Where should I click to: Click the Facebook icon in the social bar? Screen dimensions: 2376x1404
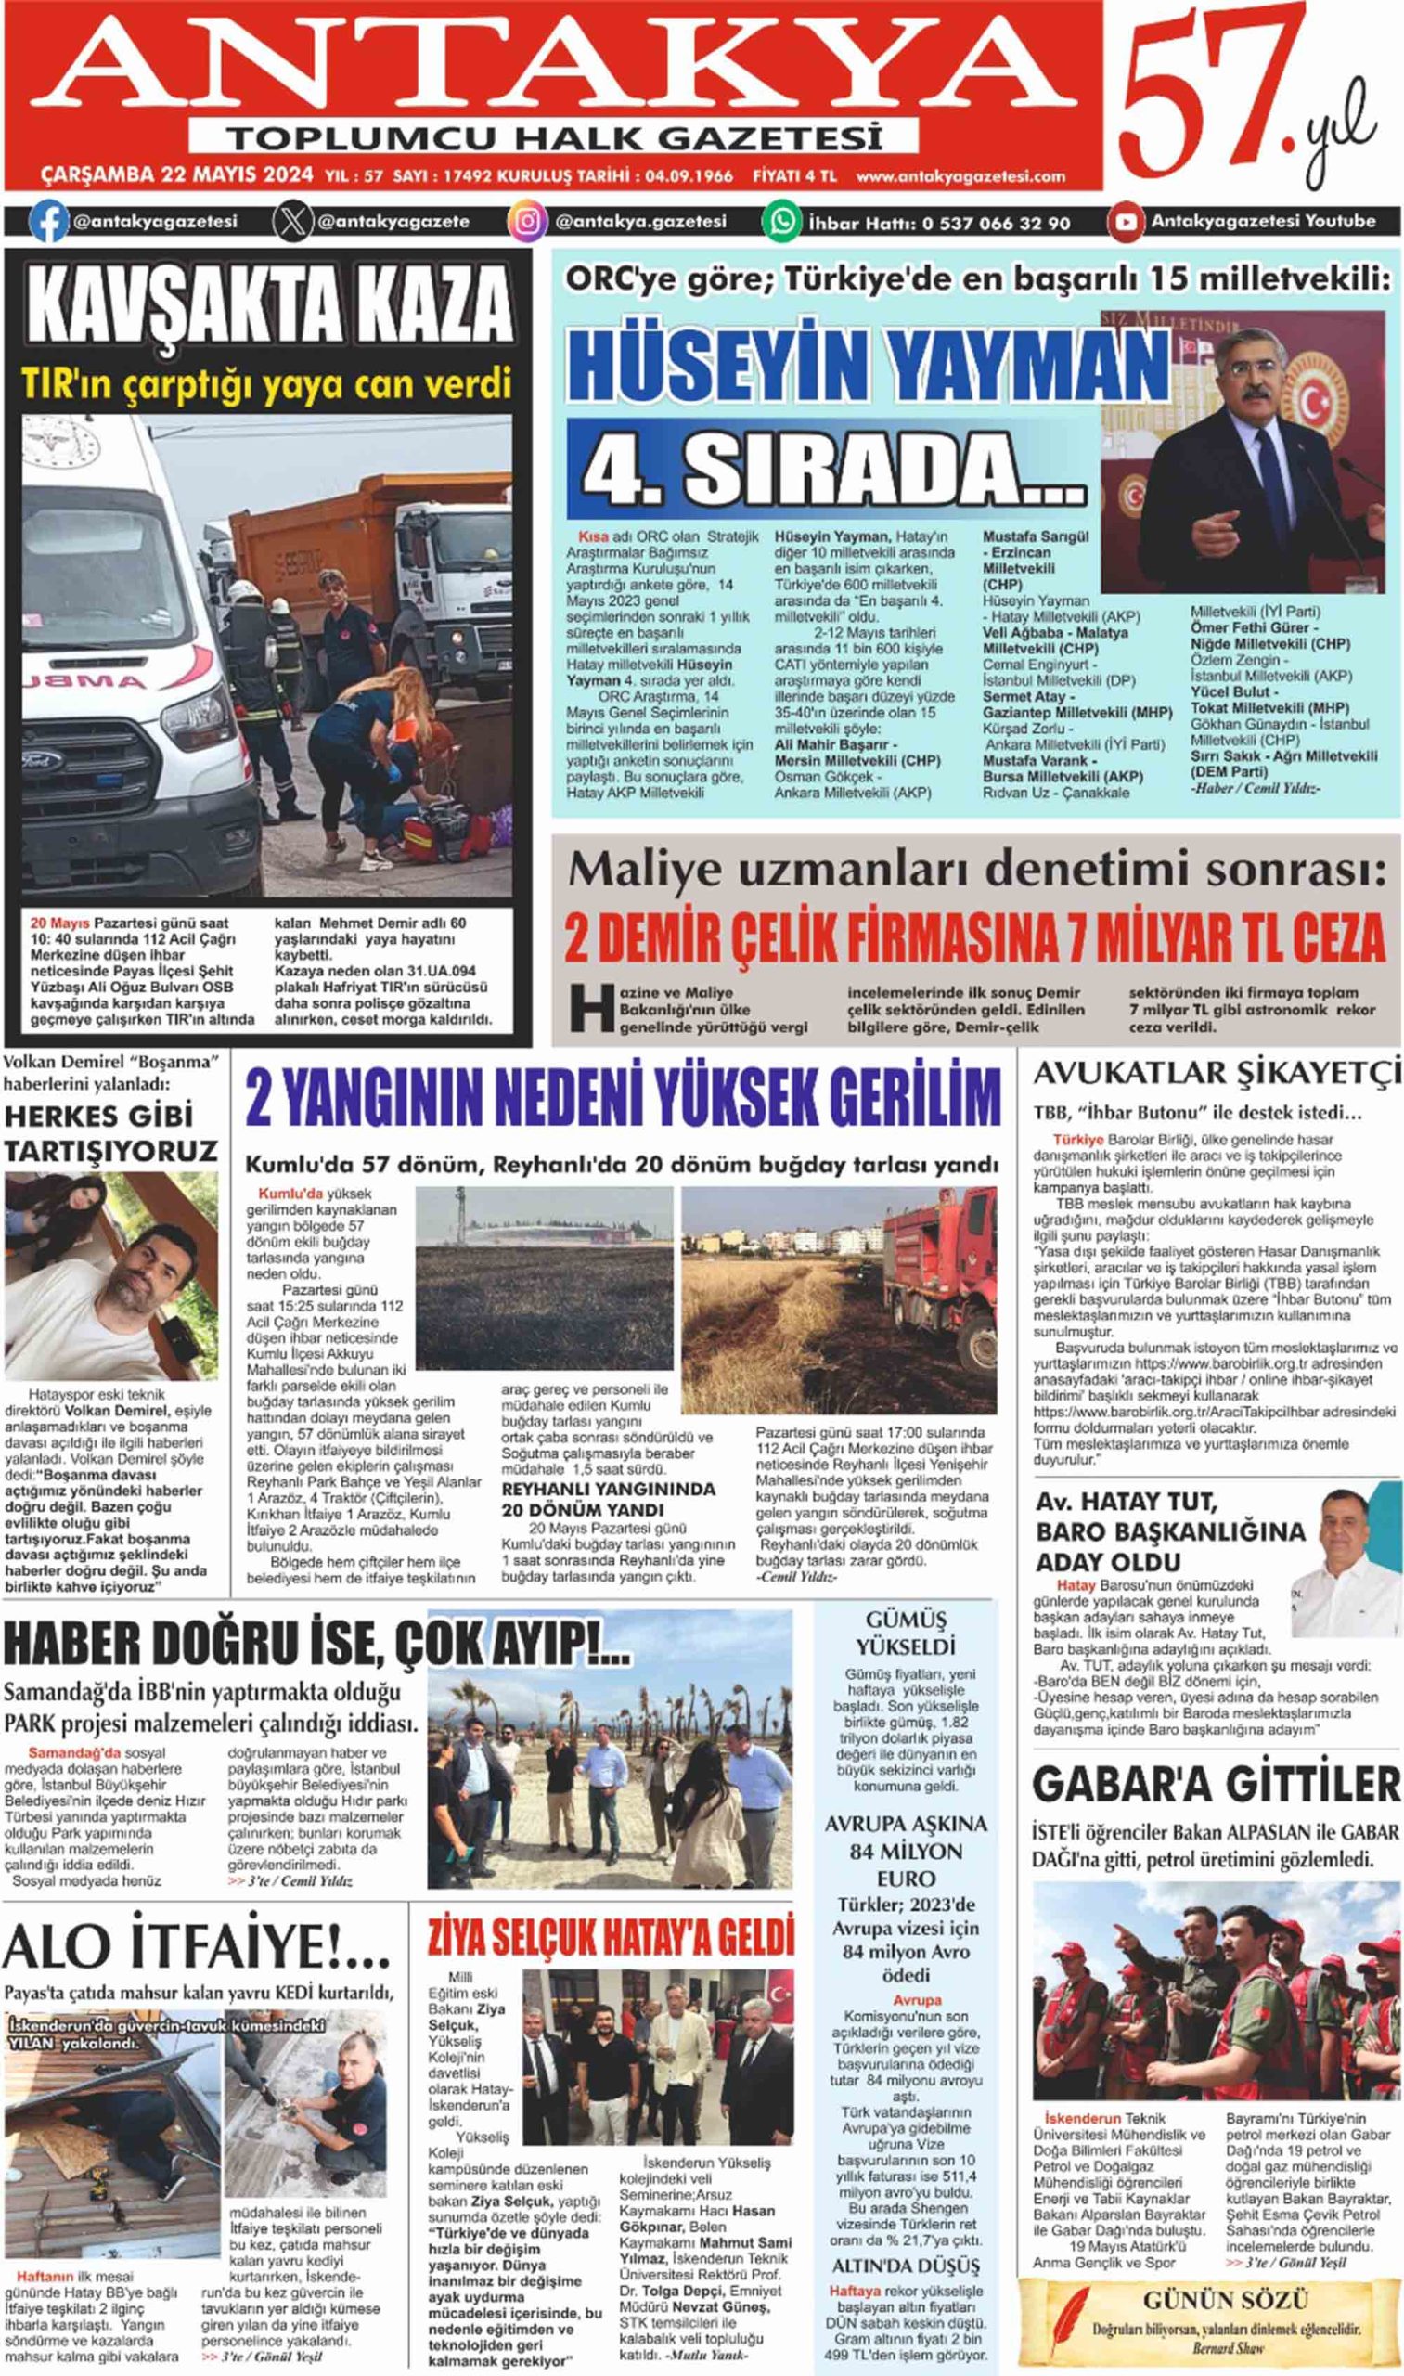point(49,224)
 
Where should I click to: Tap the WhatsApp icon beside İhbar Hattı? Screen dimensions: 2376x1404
point(782,224)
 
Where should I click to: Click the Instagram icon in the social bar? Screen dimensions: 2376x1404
point(528,224)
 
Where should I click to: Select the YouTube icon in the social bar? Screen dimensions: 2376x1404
point(1126,224)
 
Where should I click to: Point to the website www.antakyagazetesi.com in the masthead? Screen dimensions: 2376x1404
point(960,176)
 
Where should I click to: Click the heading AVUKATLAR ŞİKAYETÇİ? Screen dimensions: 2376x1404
point(1216,1073)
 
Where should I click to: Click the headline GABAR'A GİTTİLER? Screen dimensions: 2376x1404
point(1216,1785)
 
